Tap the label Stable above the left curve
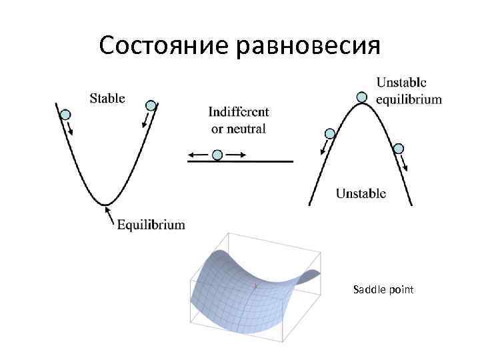tap(107, 98)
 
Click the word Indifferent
tap(239, 112)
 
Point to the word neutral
tap(246, 128)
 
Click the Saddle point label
tap(383, 289)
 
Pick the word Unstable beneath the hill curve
tap(361, 194)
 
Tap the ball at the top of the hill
tap(361, 97)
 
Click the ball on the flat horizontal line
tap(217, 155)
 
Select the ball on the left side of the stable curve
tap(65, 115)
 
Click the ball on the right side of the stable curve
tap(151, 105)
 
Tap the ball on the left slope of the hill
tap(329, 133)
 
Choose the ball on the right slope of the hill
tap(399, 148)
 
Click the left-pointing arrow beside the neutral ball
tap(197, 155)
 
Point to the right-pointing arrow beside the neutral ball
tap(236, 155)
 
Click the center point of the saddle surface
tap(255, 287)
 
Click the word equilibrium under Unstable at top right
tap(409, 99)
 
